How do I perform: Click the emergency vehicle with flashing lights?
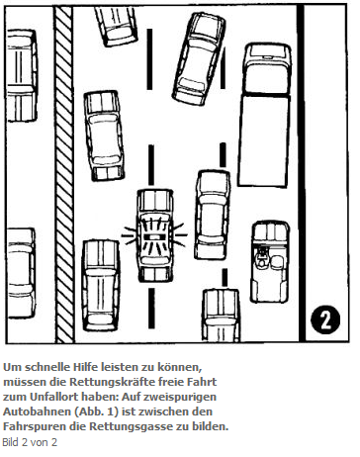155,235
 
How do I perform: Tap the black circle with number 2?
325,320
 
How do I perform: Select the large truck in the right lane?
265,115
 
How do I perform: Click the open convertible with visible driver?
270,261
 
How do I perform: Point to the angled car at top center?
199,58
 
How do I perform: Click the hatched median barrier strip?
64,174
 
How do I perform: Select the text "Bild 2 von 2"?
30,442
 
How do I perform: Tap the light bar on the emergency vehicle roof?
155,236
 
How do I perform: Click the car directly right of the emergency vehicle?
213,215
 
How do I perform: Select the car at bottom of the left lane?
101,286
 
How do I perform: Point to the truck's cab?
267,68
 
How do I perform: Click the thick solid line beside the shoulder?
301,174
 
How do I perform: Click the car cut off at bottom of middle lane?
222,316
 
